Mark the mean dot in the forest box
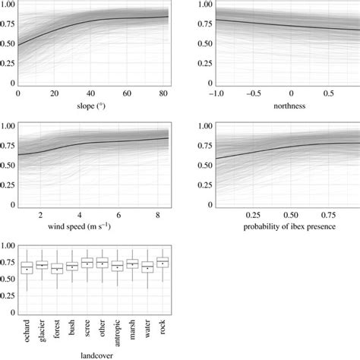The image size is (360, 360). (57, 270)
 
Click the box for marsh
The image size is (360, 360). (131, 264)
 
